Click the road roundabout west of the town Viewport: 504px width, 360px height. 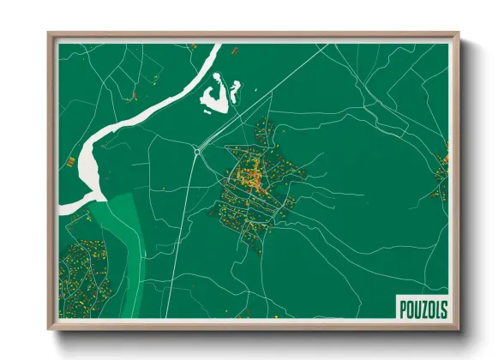(x=198, y=152)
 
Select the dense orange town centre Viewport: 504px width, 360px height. (x=252, y=180)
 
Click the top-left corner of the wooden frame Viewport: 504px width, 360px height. (x=49, y=34)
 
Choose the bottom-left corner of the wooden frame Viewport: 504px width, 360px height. (x=49, y=329)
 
